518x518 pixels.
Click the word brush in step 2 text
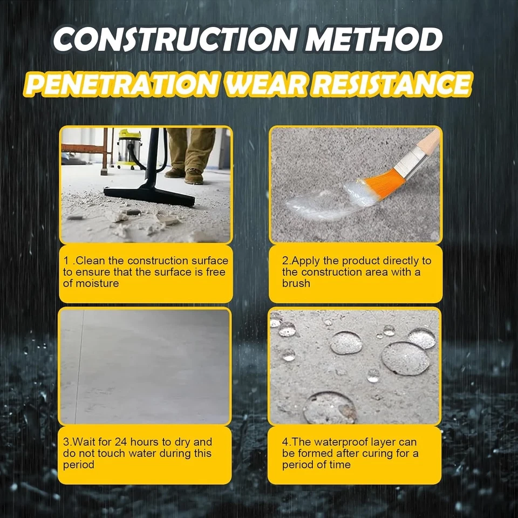pos(296,283)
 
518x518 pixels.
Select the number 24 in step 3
pos(137,442)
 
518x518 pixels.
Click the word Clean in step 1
pos(111,261)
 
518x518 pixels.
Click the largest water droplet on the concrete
pos(405,358)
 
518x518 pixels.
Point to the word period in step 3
pos(79,465)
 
